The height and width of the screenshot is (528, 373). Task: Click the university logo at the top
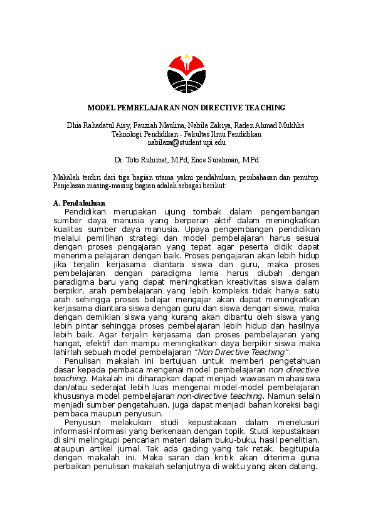click(186, 73)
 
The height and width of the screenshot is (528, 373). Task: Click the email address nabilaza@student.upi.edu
click(186, 143)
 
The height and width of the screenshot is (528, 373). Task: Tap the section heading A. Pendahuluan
click(80, 203)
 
